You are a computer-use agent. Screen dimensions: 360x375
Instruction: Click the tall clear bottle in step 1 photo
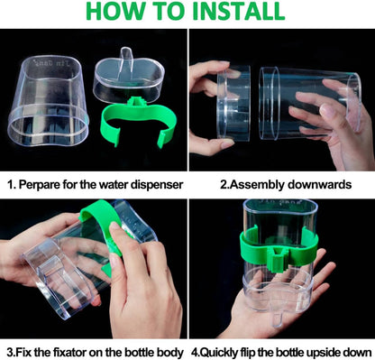click(x=50, y=99)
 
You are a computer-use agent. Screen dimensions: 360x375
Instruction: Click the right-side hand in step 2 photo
click(x=338, y=117)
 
